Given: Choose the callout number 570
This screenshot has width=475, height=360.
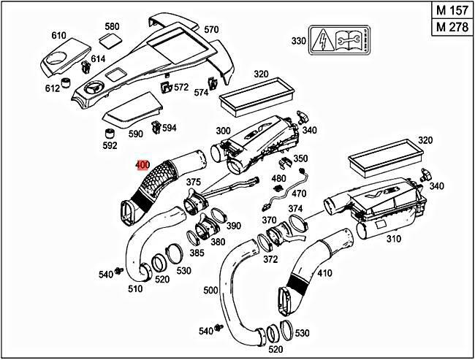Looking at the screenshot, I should (211, 29).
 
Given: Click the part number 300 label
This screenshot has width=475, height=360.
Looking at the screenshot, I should (223, 131).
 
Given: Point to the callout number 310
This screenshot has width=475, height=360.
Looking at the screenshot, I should (393, 239).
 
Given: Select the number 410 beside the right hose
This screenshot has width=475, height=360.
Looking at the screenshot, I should (324, 272).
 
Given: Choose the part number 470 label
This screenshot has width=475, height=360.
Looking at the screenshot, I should (300, 194).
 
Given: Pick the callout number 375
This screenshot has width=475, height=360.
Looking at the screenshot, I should (193, 182).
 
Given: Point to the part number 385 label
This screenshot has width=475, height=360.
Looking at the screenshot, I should (197, 253).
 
